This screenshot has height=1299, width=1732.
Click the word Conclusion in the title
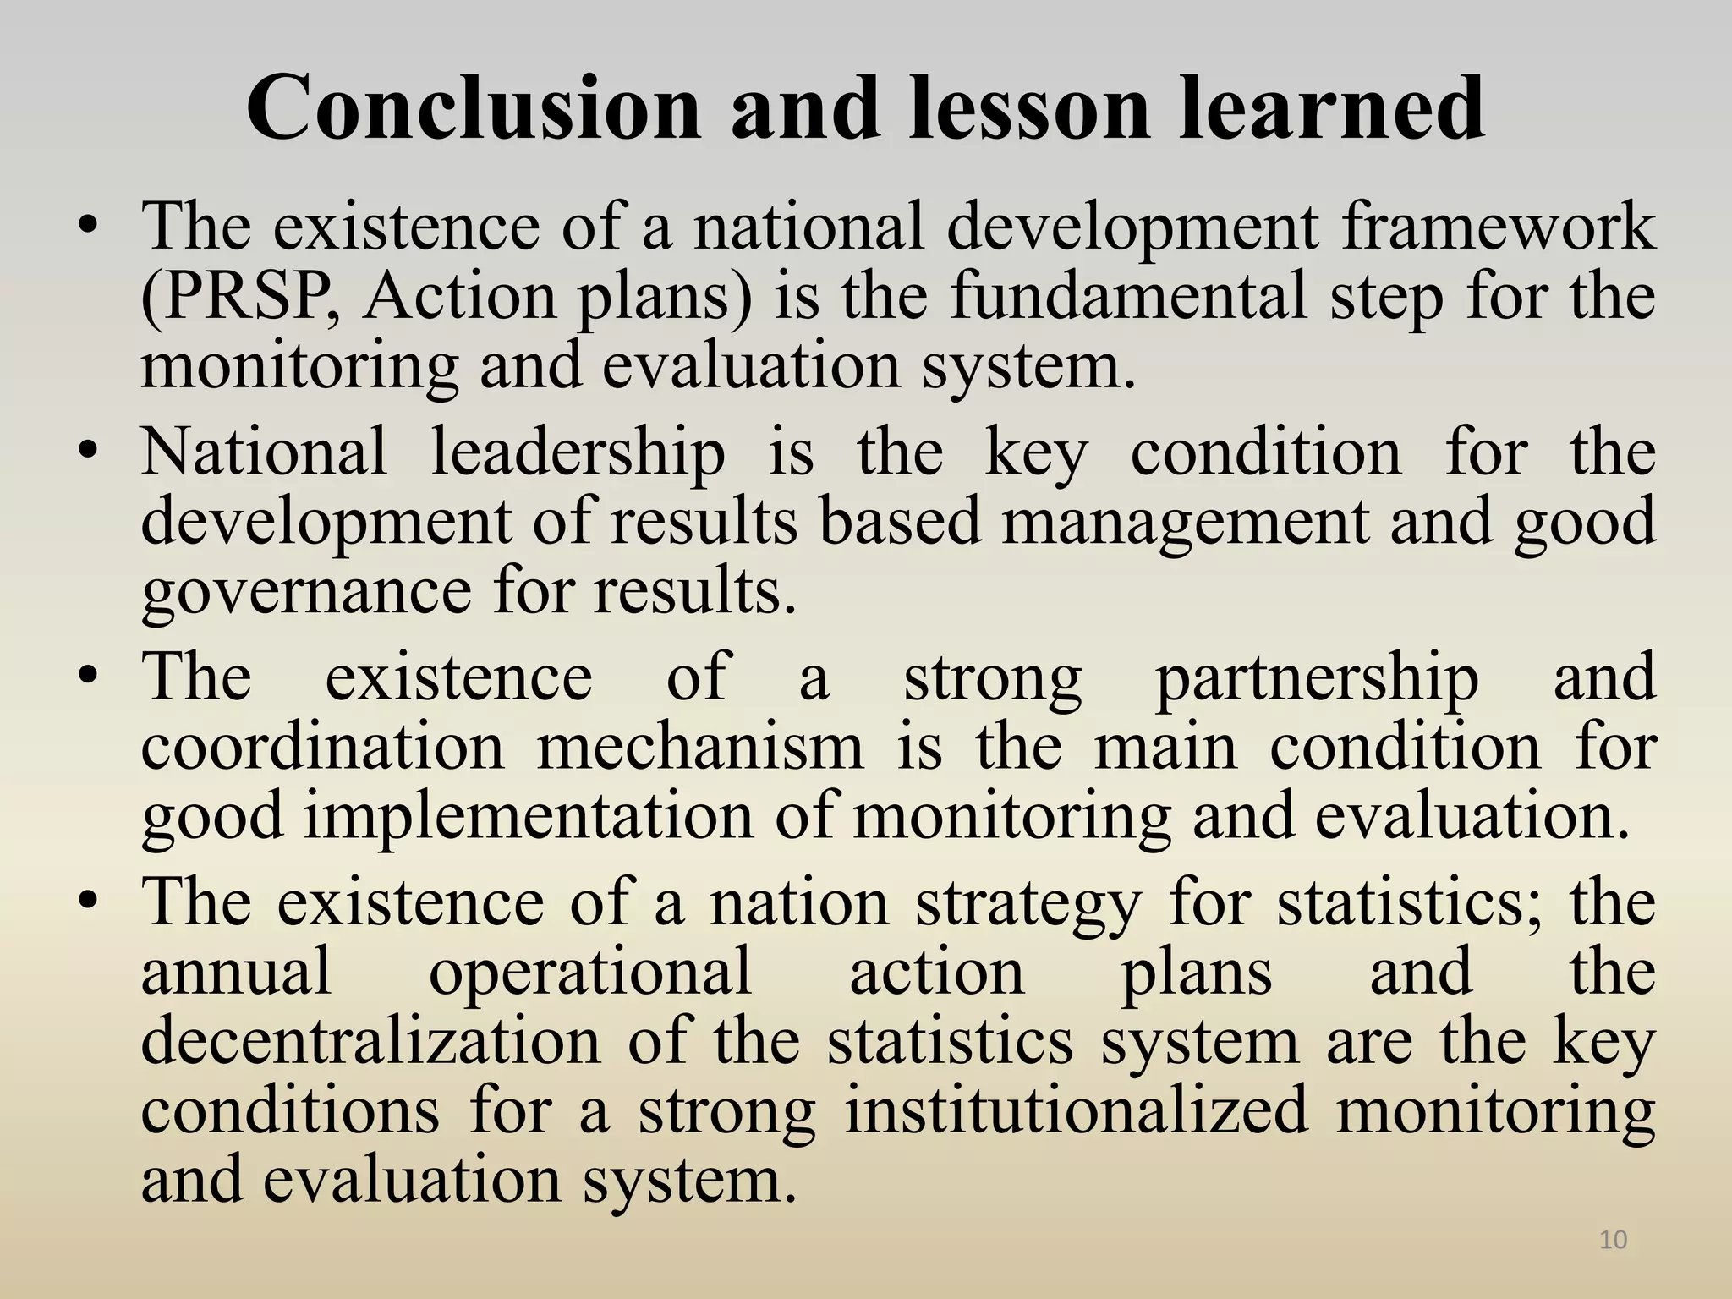474,108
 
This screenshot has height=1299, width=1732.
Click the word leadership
578,452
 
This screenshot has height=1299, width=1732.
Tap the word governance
305,592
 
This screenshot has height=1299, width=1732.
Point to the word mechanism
700,748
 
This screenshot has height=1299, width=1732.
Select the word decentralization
370,1042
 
